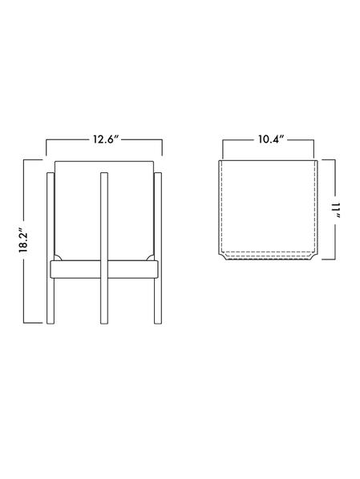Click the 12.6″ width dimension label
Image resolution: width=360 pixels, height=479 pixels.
pos(106,139)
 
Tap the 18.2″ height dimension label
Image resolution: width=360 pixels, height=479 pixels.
pos(23,241)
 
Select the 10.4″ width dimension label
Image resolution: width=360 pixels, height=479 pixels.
pos(271,139)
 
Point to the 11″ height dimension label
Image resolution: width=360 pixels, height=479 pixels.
pos(337,210)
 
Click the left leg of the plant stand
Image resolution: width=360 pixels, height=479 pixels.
pos(51,248)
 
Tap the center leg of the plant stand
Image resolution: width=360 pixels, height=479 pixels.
pos(104,248)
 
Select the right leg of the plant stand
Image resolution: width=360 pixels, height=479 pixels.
pos(158,248)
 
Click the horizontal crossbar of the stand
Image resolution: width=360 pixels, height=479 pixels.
pos(104,269)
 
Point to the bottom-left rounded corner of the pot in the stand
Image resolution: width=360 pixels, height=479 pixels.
pos(58,257)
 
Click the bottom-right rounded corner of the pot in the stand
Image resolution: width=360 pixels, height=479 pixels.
pos(150,257)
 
